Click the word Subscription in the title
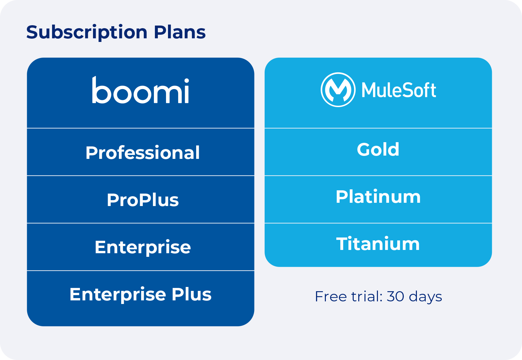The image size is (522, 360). coord(86,32)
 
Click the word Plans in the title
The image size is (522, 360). coord(179,32)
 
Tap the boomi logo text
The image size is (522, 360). coord(140,91)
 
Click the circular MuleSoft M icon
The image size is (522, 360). coord(338,90)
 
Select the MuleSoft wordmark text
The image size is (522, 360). coord(399,90)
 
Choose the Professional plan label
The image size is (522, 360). coord(142,153)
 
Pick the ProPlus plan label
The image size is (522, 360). coord(142,200)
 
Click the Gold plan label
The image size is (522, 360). coord(378,149)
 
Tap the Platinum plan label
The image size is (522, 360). coord(378,197)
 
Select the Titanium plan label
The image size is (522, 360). coord(378,244)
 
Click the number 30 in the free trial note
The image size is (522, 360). coord(395,296)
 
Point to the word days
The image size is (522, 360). coord(425,297)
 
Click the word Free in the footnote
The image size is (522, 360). coord(330,296)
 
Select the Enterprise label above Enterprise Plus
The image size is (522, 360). coord(142,247)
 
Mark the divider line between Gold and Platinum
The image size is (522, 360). coord(378,176)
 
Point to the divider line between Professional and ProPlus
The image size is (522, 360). coord(140,176)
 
